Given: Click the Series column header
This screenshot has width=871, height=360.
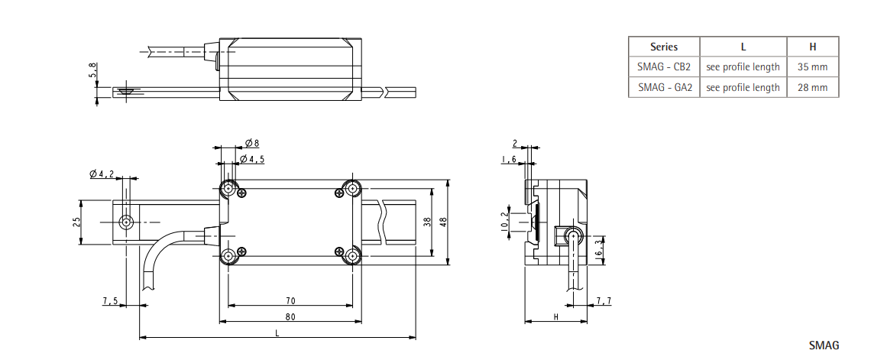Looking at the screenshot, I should click(663, 47).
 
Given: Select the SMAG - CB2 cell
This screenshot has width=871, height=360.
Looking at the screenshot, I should click(663, 67).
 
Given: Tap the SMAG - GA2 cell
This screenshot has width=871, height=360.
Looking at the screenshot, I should click(663, 87).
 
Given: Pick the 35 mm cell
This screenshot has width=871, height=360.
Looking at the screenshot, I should click(812, 67).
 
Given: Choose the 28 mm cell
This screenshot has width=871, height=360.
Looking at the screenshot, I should click(812, 87).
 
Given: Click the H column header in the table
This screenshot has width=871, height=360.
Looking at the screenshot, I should click(812, 47).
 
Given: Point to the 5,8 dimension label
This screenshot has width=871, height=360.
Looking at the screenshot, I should click(93, 71).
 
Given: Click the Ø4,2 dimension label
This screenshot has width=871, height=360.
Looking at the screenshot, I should click(102, 174).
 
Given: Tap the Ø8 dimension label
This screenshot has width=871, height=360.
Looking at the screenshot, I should click(252, 143).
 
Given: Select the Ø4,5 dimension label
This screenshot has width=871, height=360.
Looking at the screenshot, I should click(252, 159).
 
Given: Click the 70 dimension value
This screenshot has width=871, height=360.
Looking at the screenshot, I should click(290, 301).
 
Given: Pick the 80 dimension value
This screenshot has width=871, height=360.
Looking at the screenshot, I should click(290, 316).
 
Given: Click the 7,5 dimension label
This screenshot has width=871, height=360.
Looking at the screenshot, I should click(110, 301).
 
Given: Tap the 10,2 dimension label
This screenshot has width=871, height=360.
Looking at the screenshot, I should click(503, 222).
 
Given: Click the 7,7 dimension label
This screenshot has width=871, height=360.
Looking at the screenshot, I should click(604, 301).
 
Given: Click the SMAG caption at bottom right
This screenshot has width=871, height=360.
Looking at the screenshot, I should click(824, 346).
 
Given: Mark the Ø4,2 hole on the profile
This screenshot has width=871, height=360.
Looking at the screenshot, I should click(126, 222).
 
